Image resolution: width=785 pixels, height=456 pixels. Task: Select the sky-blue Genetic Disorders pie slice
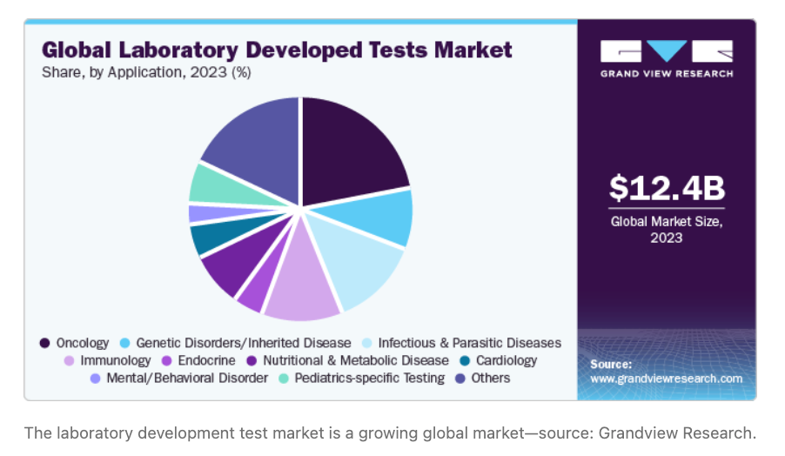tap(383, 218)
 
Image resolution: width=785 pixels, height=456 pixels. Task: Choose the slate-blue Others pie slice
tap(252, 144)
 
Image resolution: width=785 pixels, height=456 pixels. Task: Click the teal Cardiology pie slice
tap(209, 238)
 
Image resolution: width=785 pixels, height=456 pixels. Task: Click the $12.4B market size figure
tap(667, 188)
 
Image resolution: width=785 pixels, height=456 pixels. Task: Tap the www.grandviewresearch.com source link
tap(667, 379)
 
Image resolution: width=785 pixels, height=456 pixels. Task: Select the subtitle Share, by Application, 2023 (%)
tap(146, 72)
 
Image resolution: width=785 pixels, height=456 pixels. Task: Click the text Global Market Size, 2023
tap(667, 229)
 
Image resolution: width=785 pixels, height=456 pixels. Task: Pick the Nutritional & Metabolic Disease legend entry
tap(355, 360)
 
